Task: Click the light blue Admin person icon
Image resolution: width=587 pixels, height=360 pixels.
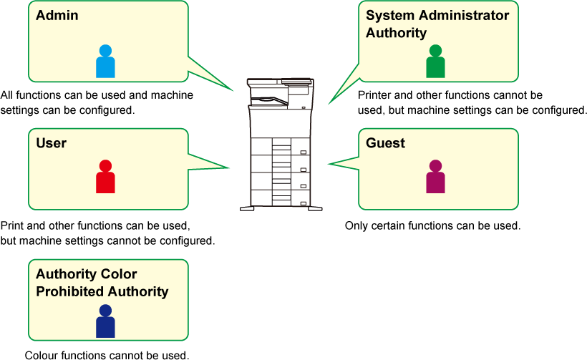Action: (105, 62)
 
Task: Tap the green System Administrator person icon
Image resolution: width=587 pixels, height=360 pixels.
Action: (435, 62)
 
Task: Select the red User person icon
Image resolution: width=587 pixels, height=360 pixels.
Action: (105, 177)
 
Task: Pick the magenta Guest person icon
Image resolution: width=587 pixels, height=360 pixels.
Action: (435, 177)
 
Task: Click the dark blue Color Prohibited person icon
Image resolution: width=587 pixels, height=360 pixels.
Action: (105, 322)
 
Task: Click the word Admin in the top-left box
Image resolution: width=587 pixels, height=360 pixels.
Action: (57, 15)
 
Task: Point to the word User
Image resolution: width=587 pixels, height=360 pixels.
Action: (52, 143)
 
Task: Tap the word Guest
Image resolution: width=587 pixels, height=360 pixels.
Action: (385, 143)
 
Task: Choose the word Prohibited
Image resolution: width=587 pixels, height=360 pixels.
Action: (102, 291)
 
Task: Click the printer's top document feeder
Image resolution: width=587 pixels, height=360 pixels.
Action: (280, 82)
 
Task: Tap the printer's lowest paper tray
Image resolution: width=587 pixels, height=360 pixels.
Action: (281, 198)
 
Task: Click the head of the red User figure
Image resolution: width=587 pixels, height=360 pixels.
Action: (105, 166)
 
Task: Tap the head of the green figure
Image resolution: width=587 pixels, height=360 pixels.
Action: (435, 51)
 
